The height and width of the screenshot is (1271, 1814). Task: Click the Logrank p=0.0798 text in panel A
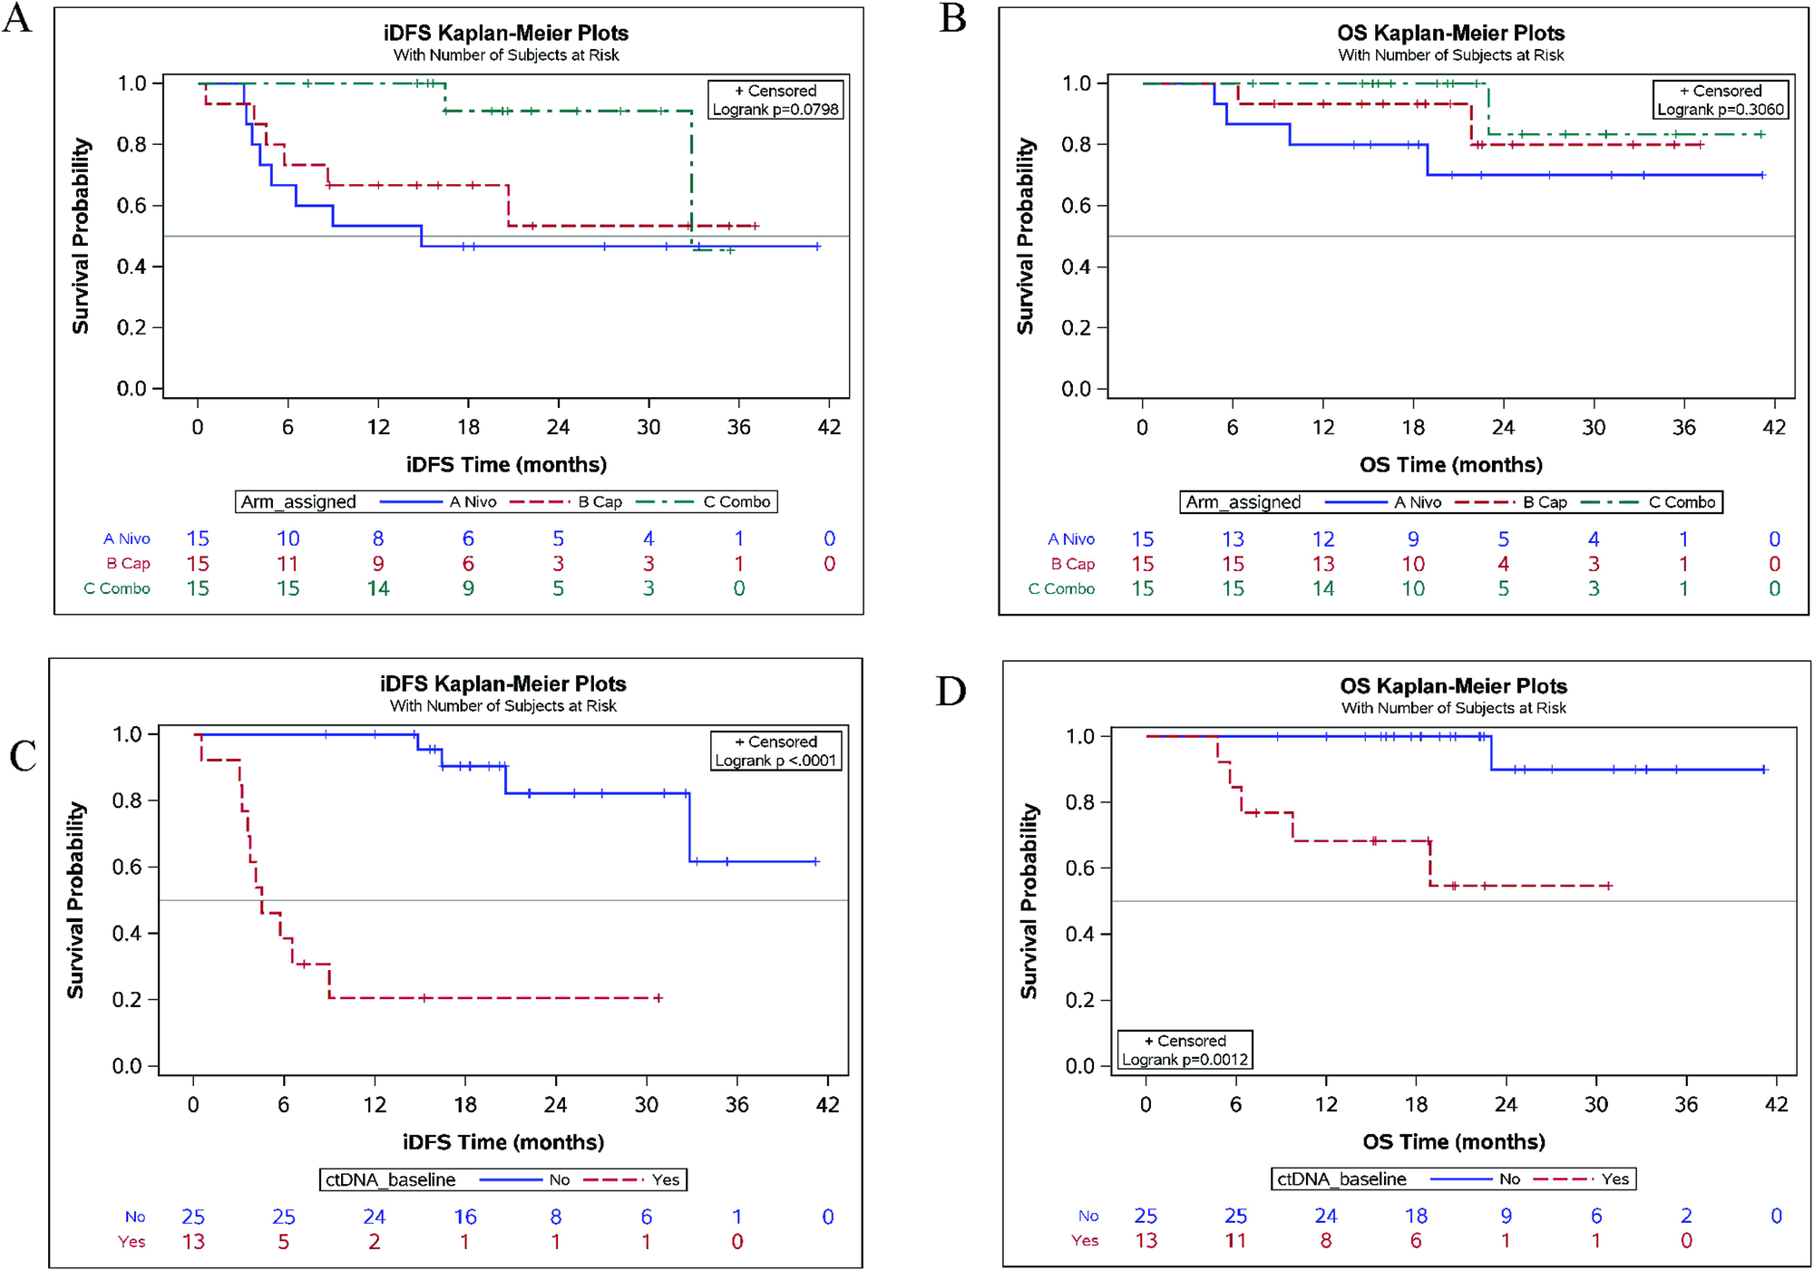coord(775,110)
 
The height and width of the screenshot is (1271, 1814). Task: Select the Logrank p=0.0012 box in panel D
coord(1185,1050)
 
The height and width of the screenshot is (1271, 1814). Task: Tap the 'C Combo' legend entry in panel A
coord(736,501)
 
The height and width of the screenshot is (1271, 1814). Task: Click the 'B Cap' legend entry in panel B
coord(1545,502)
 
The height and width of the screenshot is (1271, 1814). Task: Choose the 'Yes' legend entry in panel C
coord(665,1179)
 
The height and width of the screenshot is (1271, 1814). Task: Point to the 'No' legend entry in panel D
coord(1509,1179)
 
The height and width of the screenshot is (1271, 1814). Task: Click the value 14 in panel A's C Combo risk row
coord(378,588)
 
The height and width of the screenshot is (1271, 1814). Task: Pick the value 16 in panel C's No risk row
coord(465,1217)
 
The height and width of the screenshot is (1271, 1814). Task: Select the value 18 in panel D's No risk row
coord(1416,1216)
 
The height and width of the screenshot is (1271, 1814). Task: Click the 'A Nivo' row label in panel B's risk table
coord(1070,539)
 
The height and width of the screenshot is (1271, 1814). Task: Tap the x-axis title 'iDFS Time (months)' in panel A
coord(506,464)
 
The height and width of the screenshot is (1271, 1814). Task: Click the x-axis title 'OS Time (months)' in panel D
coord(1453,1141)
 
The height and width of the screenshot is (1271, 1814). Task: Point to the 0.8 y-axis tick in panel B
coord(1076,144)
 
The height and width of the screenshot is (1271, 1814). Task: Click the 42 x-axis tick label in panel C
coord(827,1104)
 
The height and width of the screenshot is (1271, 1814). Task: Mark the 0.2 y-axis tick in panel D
coord(1079,1000)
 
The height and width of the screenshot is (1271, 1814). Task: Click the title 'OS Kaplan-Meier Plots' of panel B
coord(1450,33)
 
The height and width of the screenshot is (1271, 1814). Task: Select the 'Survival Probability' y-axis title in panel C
coord(75,899)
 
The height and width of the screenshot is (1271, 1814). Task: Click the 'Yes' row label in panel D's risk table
coord(1085,1240)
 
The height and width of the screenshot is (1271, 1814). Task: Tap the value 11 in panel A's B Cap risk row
coord(288,564)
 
